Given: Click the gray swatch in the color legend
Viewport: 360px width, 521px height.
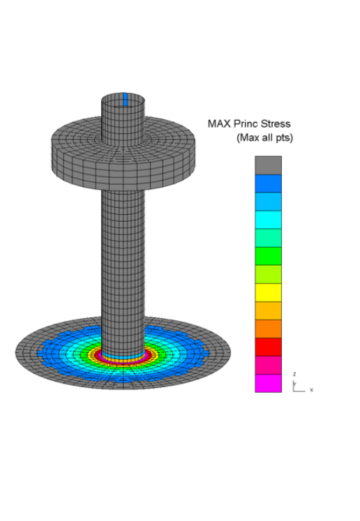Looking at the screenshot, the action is [268, 165].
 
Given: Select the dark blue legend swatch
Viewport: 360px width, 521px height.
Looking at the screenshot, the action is [268, 183].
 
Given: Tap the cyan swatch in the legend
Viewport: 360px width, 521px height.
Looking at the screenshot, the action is [268, 220].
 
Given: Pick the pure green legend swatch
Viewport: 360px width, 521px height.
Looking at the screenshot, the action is [268, 256].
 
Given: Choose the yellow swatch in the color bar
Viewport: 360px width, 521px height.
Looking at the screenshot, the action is [268, 292].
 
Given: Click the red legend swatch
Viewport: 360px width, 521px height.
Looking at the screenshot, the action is [268, 347].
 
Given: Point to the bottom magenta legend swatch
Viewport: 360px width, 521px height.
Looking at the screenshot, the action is [268, 384].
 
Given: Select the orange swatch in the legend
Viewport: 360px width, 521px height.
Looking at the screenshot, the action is [268, 329].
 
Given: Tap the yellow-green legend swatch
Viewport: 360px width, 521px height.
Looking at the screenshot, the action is [268, 274].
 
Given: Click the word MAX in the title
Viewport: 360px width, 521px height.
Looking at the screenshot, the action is [219, 123].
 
